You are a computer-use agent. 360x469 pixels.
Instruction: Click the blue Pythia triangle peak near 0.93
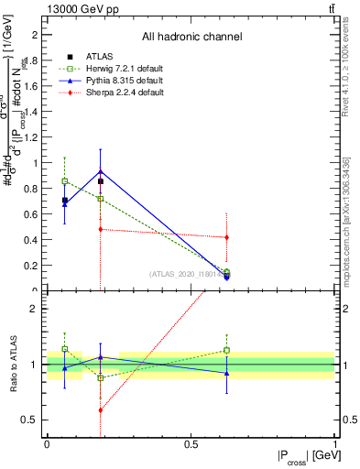tap(99, 171)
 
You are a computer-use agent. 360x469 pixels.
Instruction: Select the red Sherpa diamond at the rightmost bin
tap(226, 237)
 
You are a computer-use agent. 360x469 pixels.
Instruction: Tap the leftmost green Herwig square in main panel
tap(64, 180)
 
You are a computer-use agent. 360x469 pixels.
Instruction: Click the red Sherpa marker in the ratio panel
tap(99, 410)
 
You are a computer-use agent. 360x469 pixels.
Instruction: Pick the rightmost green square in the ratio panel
tap(226, 350)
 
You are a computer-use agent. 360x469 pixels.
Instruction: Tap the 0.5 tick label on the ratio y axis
tap(34, 420)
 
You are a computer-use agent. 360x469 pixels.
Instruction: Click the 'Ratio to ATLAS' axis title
tap(12, 365)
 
